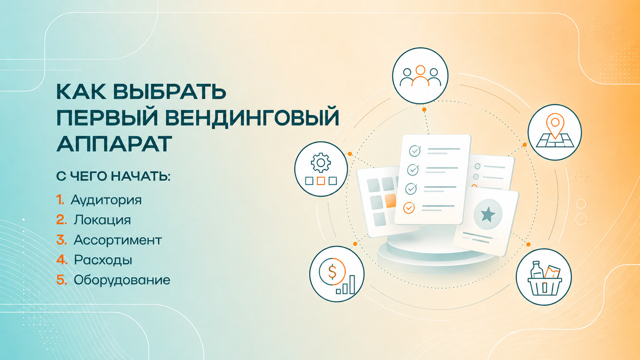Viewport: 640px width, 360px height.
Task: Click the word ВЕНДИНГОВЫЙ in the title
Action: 252,117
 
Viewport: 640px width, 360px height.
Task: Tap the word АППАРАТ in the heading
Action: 114,143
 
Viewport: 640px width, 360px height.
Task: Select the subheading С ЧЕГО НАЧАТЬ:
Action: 113,176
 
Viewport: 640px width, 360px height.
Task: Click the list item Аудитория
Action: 106,200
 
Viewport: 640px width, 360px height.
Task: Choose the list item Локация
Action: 102,220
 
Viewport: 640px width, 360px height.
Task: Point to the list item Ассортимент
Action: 118,240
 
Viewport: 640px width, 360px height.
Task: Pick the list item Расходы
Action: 103,260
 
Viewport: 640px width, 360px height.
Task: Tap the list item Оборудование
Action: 122,280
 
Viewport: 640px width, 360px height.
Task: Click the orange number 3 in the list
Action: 61,240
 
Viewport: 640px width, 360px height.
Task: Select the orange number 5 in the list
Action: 62,280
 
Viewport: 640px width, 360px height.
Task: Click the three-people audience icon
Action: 420,76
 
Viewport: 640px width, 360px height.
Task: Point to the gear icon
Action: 320,163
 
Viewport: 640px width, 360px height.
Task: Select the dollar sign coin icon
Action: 332,271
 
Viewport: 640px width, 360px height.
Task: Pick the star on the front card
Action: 488,214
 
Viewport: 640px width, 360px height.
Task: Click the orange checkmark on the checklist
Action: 409,208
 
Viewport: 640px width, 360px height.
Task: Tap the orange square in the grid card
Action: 390,201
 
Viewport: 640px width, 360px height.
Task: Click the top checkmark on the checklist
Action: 415,151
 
